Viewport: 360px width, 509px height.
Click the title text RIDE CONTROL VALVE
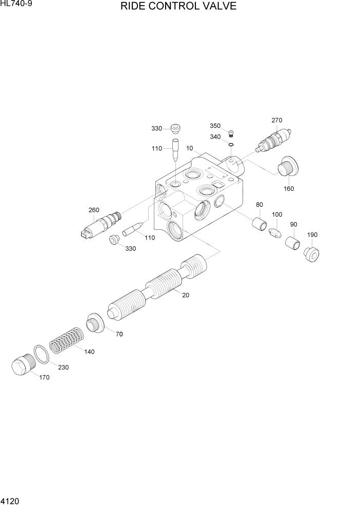coord(178,7)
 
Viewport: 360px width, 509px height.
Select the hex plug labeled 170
coord(22,367)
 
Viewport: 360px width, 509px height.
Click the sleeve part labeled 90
coord(293,242)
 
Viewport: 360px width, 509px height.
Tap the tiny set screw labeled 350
coord(231,135)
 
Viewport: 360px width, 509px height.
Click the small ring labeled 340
coord(231,146)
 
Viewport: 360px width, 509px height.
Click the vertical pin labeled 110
coord(175,150)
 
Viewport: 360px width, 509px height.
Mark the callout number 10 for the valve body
coord(190,148)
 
